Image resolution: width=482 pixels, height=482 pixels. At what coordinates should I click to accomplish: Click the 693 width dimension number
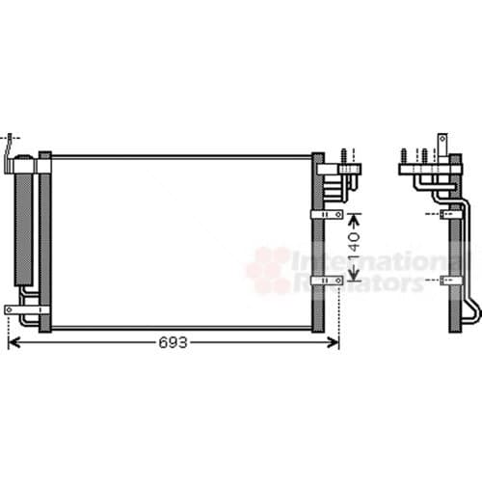(x=174, y=343)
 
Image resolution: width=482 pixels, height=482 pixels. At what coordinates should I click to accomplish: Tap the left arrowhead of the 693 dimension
(x=13, y=342)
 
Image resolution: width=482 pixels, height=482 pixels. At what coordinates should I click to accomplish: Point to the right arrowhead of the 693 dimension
(x=335, y=342)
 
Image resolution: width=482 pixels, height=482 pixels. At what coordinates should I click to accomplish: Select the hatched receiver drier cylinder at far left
(x=22, y=227)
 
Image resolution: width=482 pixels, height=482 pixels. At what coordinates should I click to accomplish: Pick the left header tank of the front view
(x=44, y=241)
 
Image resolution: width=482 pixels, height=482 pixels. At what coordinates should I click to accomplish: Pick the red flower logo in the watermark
(x=268, y=269)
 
